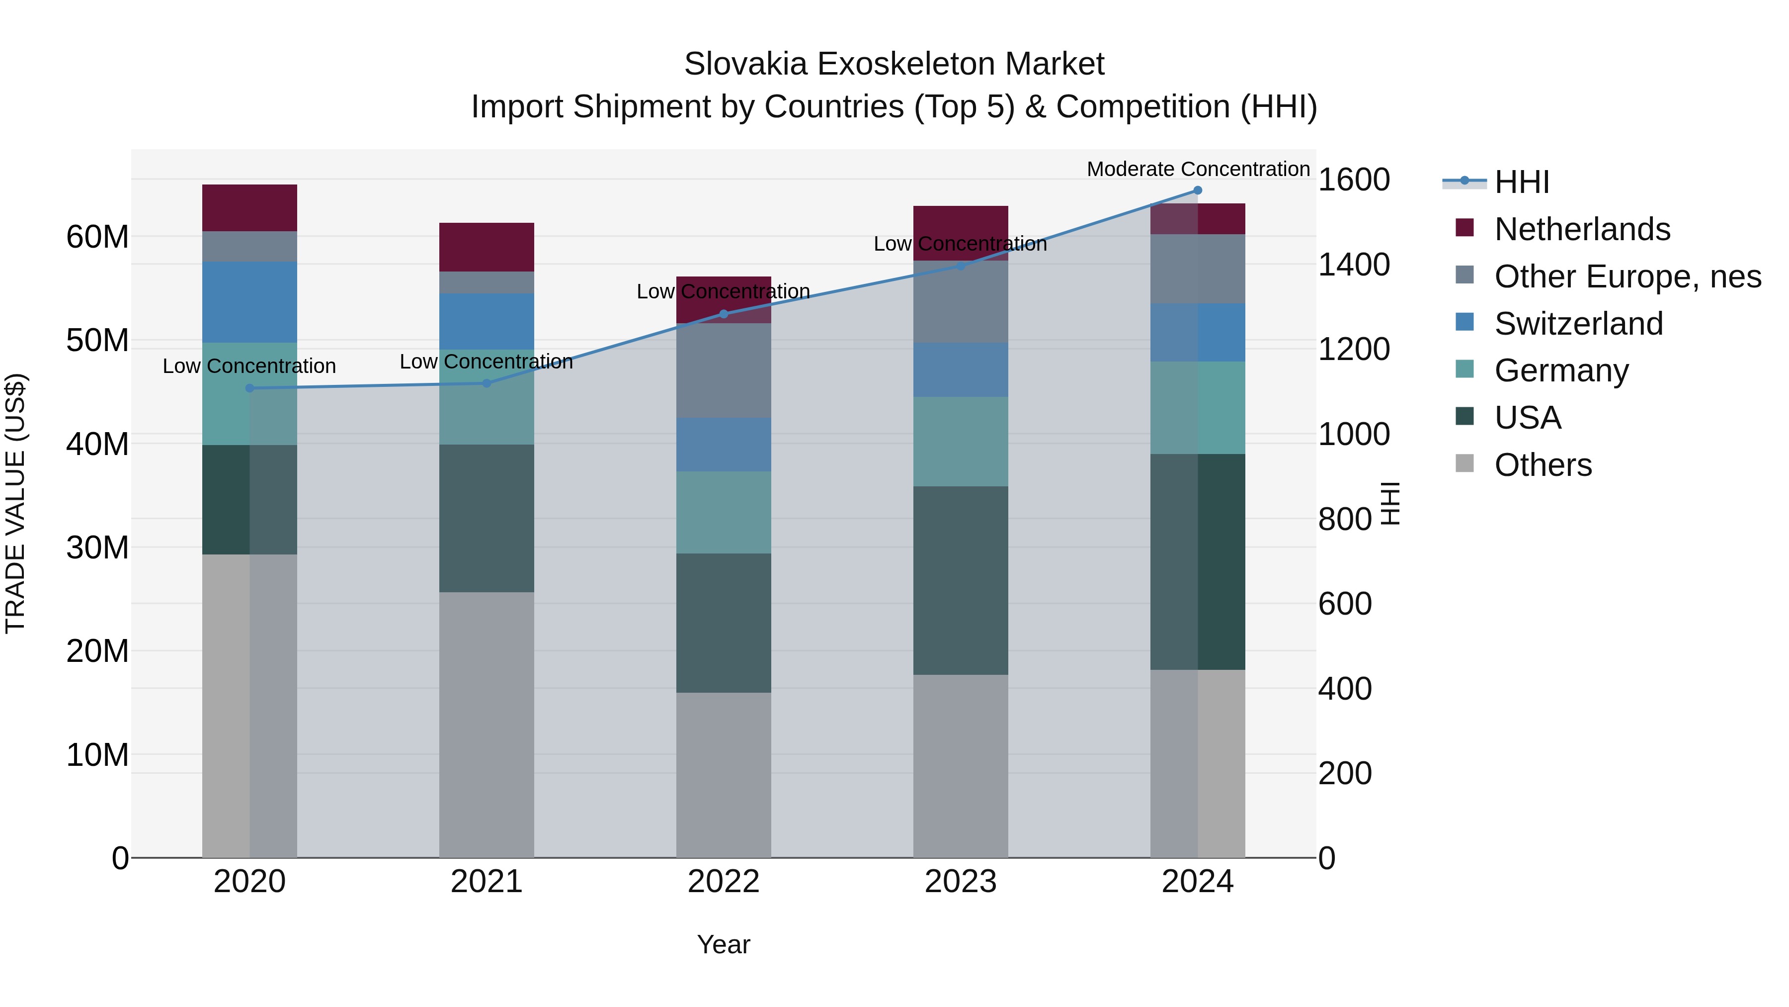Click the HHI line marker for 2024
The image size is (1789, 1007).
click(1197, 190)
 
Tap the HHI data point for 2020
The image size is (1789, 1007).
click(250, 388)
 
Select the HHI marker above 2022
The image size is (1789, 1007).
click(724, 314)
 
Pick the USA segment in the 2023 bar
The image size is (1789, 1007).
click(961, 580)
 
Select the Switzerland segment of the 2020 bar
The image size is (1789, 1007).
click(250, 302)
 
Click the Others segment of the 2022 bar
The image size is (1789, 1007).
click(724, 775)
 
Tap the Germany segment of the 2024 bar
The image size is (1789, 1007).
click(1197, 408)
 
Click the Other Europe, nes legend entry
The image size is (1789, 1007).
click(1627, 276)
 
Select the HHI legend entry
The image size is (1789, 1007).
click(1521, 182)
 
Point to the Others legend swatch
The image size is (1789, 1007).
click(1464, 463)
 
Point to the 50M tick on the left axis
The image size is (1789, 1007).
click(97, 341)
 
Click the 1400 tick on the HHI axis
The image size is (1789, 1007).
click(1354, 265)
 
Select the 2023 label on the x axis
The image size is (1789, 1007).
click(961, 882)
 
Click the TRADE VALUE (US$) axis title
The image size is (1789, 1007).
click(15, 503)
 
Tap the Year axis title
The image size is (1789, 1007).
click(724, 944)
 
